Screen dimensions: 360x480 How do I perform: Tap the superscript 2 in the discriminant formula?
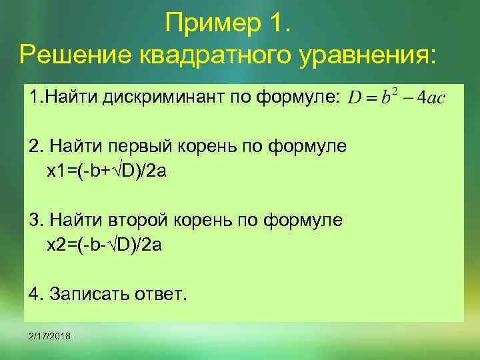(395, 92)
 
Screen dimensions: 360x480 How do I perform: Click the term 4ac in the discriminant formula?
(431, 98)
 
